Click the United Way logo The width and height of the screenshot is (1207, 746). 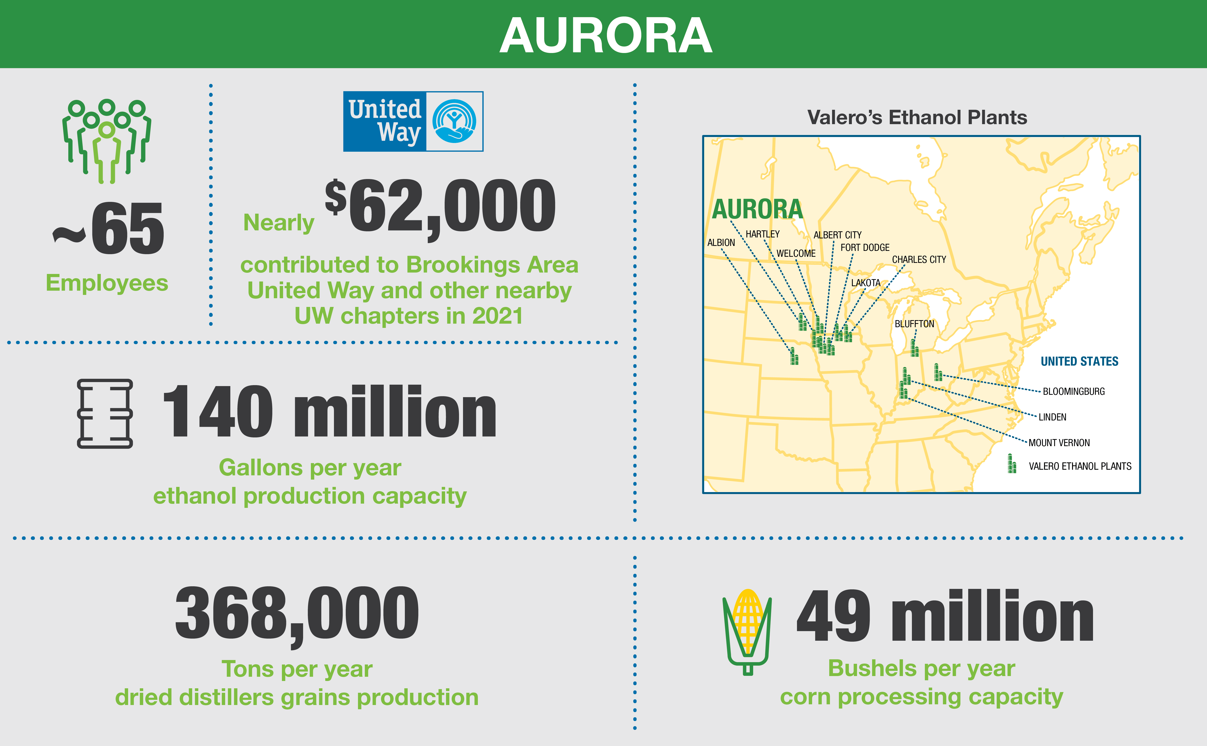click(413, 121)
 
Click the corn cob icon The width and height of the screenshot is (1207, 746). click(747, 632)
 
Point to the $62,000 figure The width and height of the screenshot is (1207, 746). click(440, 206)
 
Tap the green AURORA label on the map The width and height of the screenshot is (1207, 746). click(757, 209)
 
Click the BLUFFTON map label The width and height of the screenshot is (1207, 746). click(914, 324)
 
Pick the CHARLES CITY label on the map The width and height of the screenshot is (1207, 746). click(918, 260)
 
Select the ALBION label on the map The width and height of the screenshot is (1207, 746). click(721, 243)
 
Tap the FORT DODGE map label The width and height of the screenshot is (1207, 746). click(865, 248)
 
